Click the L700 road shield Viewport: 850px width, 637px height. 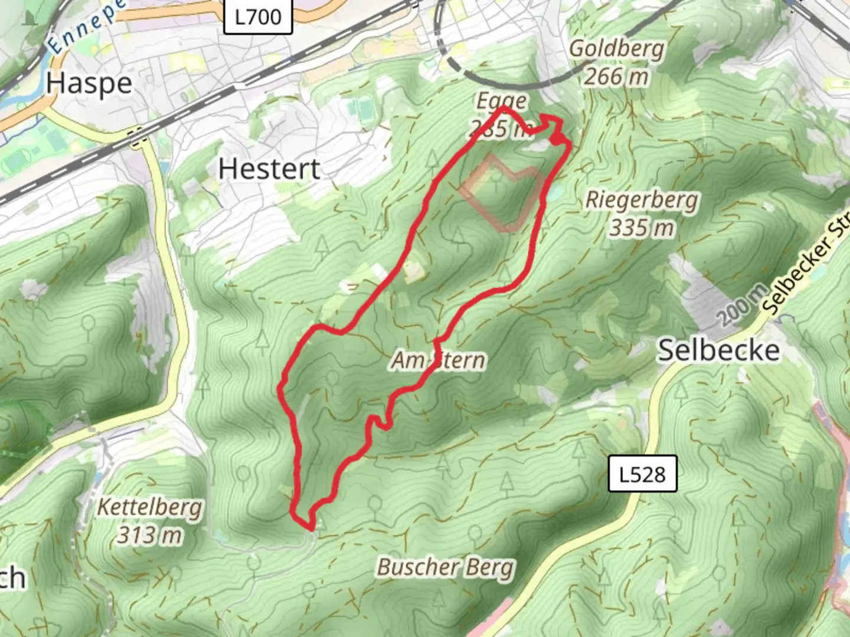(x=259, y=17)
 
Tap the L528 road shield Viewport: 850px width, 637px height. (x=642, y=474)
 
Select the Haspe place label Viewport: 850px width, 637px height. (x=89, y=83)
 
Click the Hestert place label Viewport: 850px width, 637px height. (x=269, y=169)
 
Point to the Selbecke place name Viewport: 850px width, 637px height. (x=718, y=350)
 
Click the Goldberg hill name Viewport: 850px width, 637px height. (x=616, y=48)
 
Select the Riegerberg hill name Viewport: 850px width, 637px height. (x=641, y=200)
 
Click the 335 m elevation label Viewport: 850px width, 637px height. (x=641, y=228)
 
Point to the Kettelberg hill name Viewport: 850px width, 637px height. (x=150, y=507)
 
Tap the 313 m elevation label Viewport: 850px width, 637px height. (x=150, y=535)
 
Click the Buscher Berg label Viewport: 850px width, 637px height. (x=446, y=567)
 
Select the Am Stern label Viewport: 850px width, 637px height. (x=439, y=360)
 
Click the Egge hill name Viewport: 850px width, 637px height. (x=501, y=101)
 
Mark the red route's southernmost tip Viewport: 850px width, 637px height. (x=309, y=527)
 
